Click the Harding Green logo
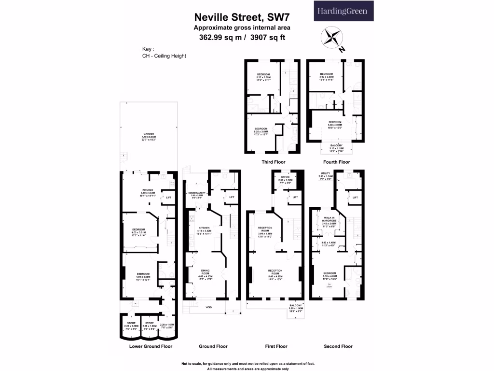tap(342, 11)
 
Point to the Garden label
tap(148, 134)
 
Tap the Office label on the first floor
tap(285, 177)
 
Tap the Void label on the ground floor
tap(208, 307)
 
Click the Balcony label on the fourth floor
tap(337, 145)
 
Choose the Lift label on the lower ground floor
tap(168, 198)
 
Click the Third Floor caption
tap(274, 162)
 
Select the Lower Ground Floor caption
tap(151, 346)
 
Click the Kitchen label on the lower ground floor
tap(147, 190)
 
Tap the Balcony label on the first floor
tap(296, 306)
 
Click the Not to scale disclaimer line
tap(247, 363)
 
